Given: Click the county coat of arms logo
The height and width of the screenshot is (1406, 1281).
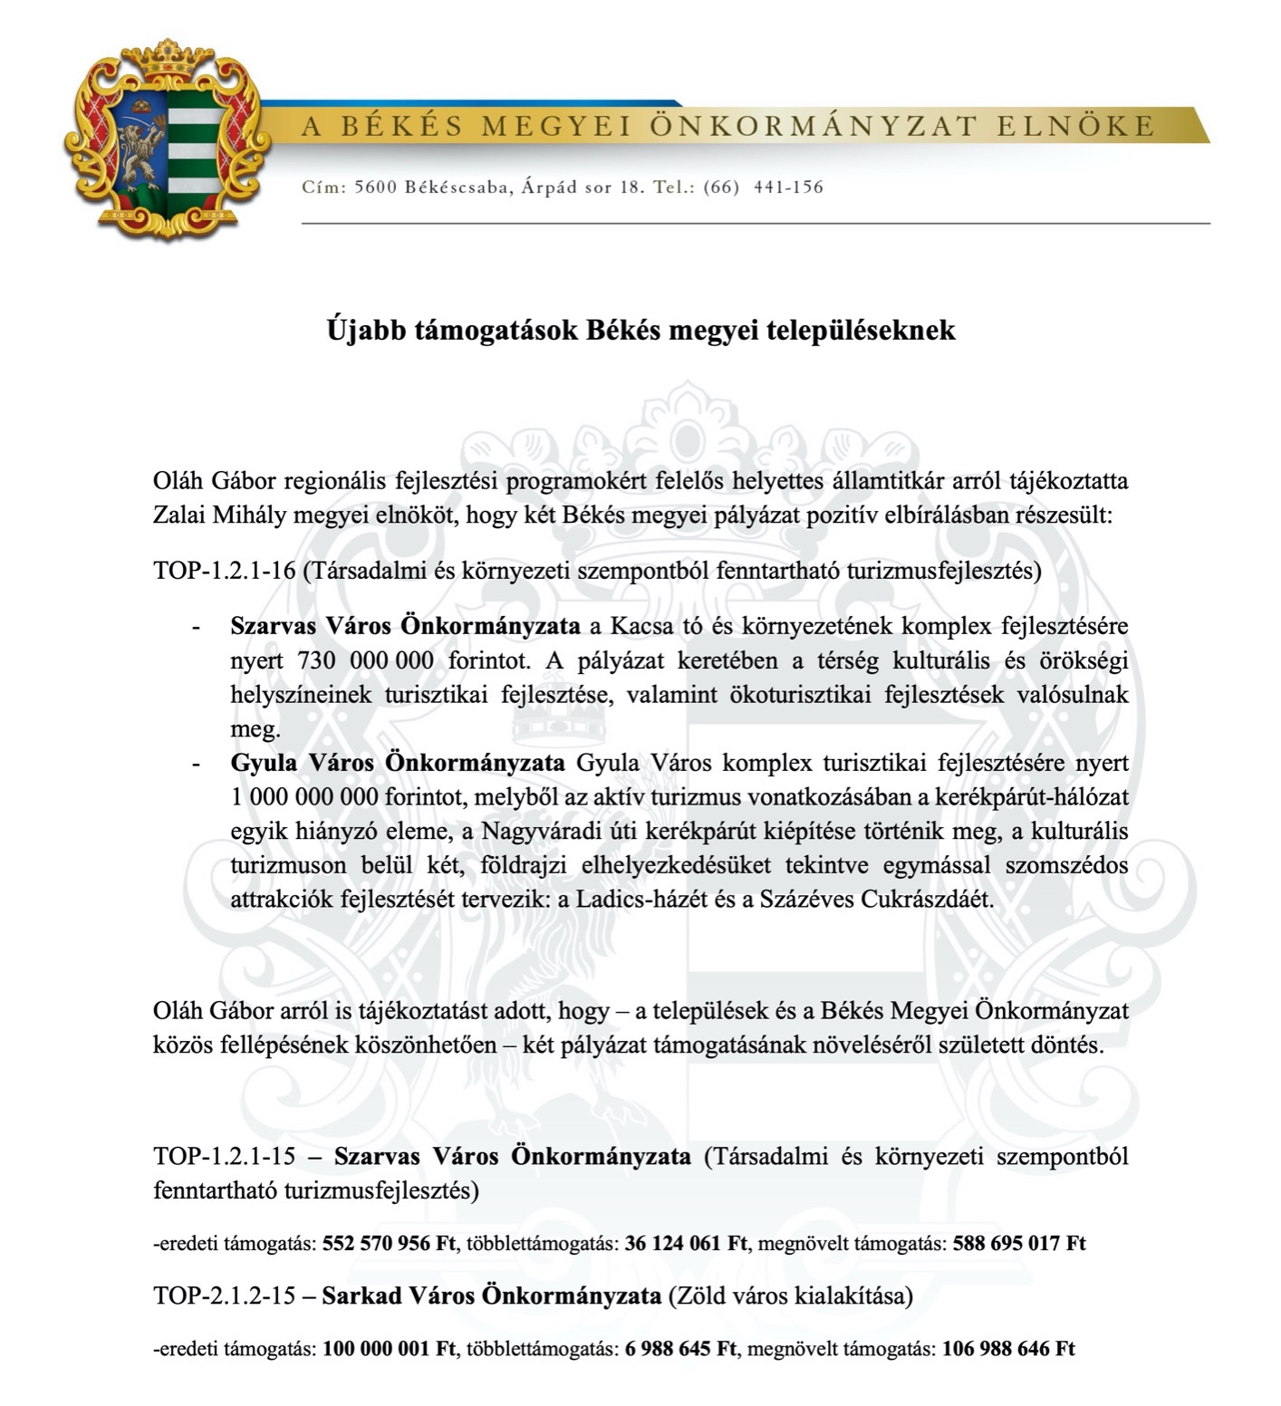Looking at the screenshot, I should pos(164,140).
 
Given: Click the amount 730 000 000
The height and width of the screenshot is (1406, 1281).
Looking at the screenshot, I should pos(365,660).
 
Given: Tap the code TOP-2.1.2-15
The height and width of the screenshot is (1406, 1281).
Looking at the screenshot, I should pos(225,1295).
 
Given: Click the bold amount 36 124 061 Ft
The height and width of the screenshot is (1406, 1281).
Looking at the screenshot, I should pos(686,1243).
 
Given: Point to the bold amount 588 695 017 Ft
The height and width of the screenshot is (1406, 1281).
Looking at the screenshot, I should pos(1019,1243).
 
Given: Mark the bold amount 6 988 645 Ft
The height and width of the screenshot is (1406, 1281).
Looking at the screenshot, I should pos(680,1348).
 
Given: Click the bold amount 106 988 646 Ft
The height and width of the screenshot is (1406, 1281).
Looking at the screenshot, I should pos(1008,1348).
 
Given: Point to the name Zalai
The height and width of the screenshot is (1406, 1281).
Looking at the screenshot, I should pos(179,515).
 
